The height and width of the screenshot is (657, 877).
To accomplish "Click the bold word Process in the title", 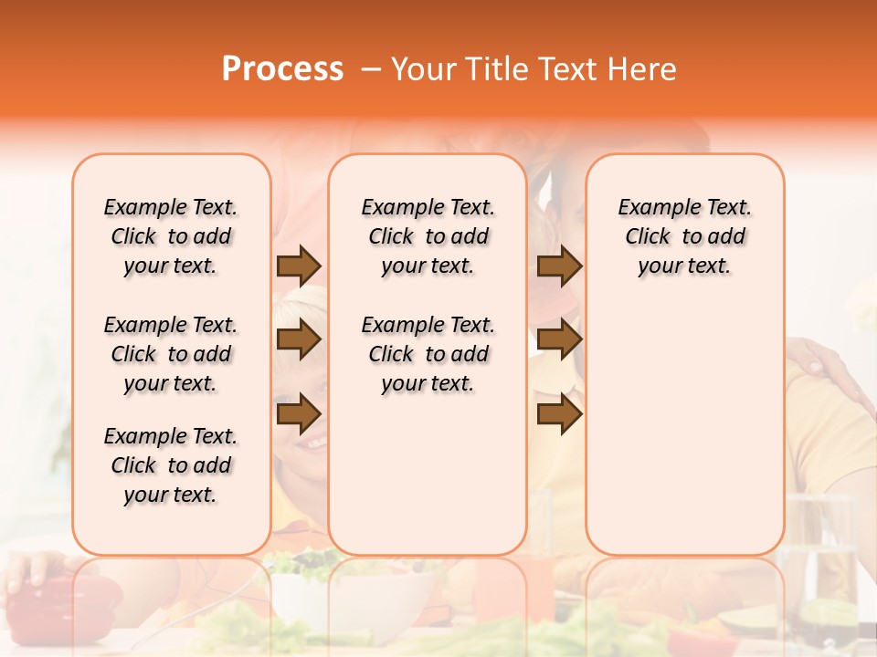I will (x=282, y=69).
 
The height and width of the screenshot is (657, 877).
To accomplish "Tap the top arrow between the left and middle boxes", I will (x=299, y=266).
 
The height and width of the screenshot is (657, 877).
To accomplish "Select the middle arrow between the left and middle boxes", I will (x=299, y=339).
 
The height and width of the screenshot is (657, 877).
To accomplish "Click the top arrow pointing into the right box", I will (x=559, y=266).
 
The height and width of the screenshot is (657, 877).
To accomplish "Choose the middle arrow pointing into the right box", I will (x=559, y=339).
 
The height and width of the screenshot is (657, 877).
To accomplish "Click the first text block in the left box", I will (x=171, y=236).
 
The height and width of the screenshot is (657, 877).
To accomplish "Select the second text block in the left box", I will (x=171, y=354).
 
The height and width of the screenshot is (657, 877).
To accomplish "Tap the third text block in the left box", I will (x=171, y=465).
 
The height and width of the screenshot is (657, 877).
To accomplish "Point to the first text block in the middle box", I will (x=428, y=236).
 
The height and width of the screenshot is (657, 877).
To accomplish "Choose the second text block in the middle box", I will (x=428, y=354).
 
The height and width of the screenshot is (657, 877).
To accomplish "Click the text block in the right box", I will (x=684, y=236).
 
